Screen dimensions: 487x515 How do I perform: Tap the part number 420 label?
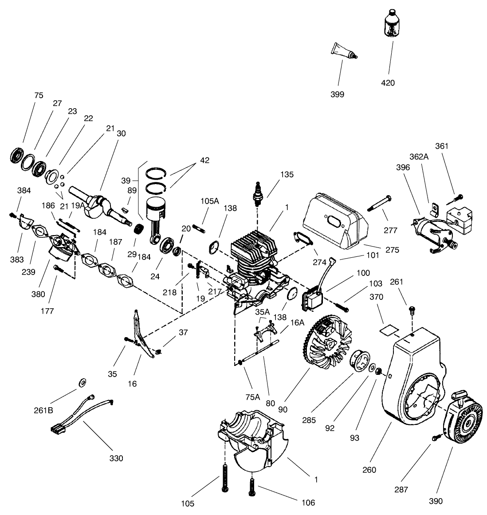[388, 83]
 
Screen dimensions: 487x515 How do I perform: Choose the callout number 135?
[287, 174]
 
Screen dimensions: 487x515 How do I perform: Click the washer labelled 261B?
[82, 382]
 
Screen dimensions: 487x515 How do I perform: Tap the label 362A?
[419, 157]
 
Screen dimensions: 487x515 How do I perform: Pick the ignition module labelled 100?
[313, 298]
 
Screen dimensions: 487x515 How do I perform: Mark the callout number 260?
[369, 470]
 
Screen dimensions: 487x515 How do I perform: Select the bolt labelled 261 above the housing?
[412, 309]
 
